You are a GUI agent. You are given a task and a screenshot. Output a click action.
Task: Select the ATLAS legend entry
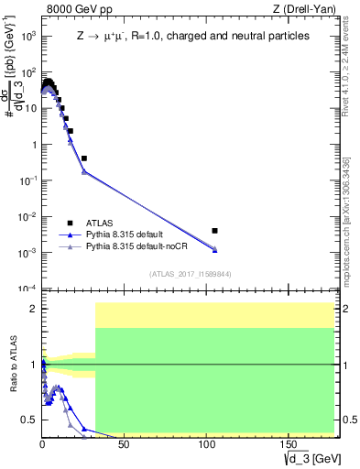tap(101, 223)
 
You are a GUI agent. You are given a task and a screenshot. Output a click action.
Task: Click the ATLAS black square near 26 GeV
tap(84, 158)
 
